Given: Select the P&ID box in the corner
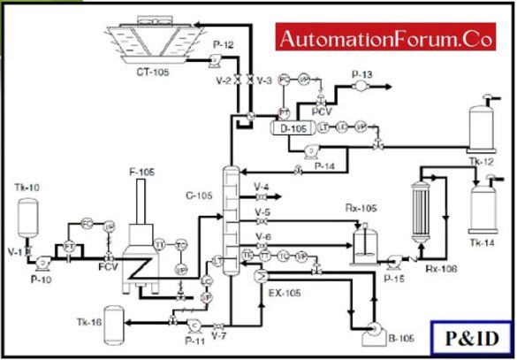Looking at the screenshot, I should (472, 337).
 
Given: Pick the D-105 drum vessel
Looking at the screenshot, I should (292, 128).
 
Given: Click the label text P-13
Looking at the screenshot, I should (362, 73).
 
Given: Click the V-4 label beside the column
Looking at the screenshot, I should (262, 187).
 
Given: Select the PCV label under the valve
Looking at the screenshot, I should (323, 112).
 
